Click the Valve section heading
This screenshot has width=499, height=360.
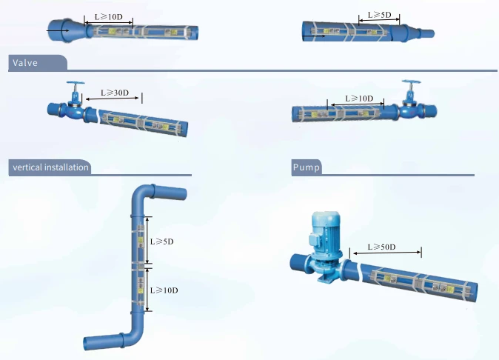point(25,63)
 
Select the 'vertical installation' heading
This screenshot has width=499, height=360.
point(50,167)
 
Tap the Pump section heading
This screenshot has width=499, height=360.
point(307,167)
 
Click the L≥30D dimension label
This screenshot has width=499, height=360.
point(115,93)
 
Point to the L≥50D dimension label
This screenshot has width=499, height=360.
point(381,247)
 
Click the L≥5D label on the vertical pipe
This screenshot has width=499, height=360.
point(162,241)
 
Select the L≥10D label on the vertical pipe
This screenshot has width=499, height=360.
point(164,290)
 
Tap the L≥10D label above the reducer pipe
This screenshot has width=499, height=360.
point(109,17)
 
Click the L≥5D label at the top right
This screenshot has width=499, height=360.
point(379,15)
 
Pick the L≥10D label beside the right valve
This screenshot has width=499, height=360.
point(359,99)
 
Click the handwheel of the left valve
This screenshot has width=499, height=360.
point(76,84)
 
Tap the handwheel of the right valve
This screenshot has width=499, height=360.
point(411,82)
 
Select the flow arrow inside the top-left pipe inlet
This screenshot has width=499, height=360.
point(58,30)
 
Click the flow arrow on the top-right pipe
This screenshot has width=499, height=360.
point(314,36)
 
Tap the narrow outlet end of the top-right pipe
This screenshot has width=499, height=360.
point(426,33)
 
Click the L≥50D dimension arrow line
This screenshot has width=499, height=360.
point(387,253)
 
